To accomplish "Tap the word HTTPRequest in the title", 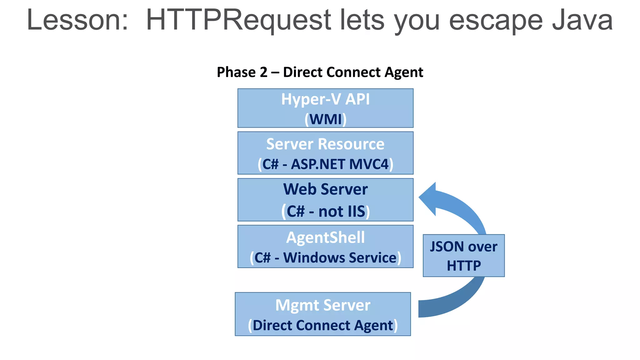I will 238,20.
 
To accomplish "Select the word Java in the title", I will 582,20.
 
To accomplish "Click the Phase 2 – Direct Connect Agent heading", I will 320,72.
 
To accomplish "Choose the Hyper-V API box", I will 325,108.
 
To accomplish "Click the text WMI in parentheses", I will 325,119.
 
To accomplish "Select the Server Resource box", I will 325,153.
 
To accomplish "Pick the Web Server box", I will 325,200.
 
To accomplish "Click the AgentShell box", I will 325,246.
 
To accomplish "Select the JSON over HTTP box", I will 463,256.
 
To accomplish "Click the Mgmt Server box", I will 323,314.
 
